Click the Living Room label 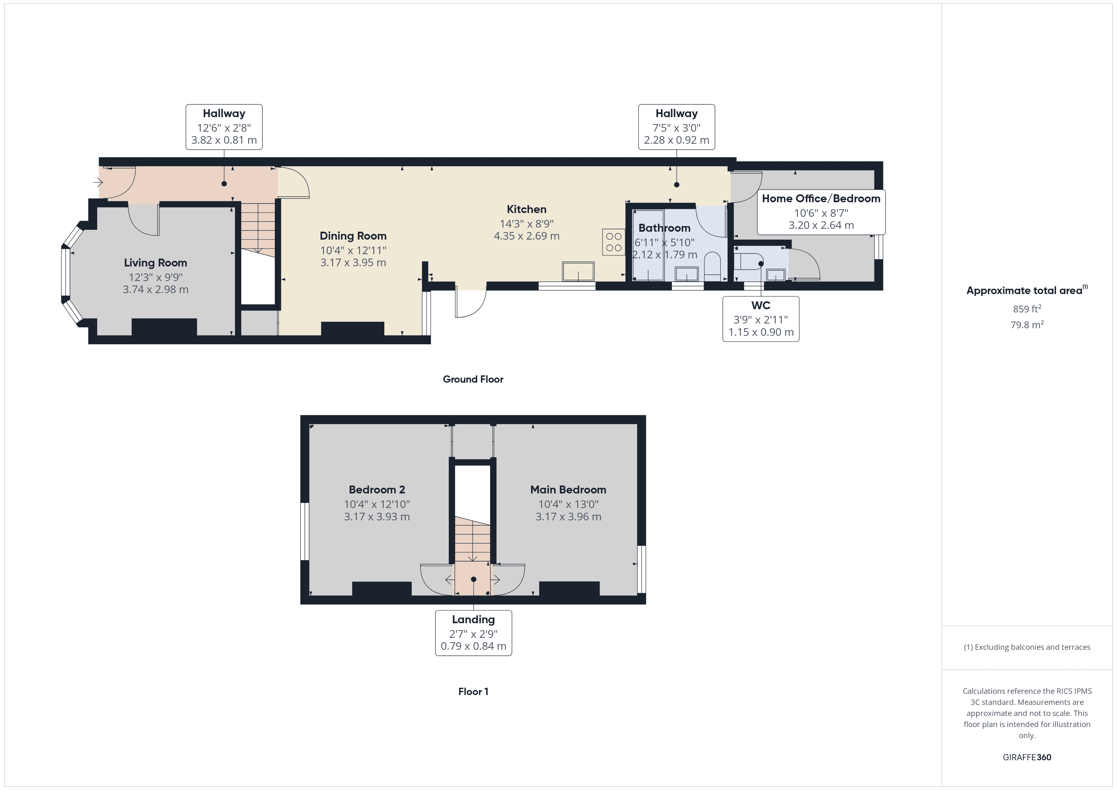click(155, 263)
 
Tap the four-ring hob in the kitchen click(614, 242)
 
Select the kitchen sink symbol click(578, 272)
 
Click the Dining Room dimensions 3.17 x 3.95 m click(353, 263)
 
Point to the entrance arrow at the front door click(98, 183)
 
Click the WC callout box click(760, 319)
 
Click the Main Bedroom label click(568, 490)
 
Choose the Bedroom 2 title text click(376, 490)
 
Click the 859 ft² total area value click(1026, 309)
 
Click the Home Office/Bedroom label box click(821, 212)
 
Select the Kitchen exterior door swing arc click(471, 304)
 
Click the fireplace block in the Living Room click(164, 327)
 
